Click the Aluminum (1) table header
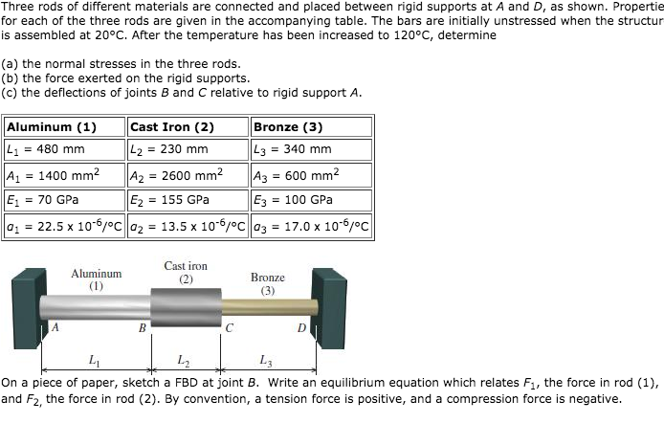pos(52,126)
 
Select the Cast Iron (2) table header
pos(172,126)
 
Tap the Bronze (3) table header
pos(287,126)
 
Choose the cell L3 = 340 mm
pos(293,149)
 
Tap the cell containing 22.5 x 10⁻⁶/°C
pos(64,226)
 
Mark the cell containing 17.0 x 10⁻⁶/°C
pos(311,226)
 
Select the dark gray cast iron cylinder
pos(186,307)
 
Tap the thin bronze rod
pos(269,307)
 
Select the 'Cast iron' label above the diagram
pos(186,266)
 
